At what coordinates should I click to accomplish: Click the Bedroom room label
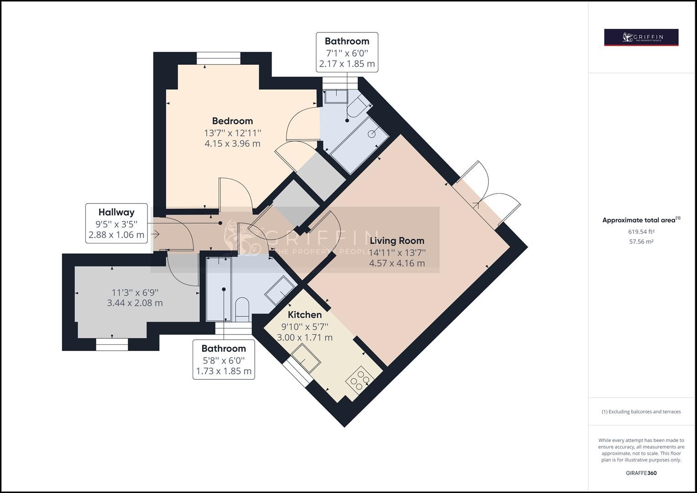point(232,121)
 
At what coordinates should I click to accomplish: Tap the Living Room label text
point(397,241)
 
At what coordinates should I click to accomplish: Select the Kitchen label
point(304,315)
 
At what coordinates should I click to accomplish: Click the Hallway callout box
point(116,223)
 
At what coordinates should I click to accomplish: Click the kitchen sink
point(305,357)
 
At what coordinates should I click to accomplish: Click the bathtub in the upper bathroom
point(358,145)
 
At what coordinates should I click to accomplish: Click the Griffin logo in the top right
point(641,37)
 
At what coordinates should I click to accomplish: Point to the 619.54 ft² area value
point(641,232)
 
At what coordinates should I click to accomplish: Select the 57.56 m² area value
point(641,242)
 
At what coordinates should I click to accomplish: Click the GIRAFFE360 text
point(641,473)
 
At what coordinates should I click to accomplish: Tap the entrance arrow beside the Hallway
point(155,235)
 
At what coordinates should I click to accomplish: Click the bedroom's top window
point(218,58)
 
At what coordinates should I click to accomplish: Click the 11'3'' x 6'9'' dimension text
point(135,292)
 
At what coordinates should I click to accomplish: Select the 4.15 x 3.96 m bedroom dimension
point(232,143)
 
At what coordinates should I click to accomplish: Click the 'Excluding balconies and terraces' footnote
point(641,412)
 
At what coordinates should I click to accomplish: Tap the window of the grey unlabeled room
point(112,344)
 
